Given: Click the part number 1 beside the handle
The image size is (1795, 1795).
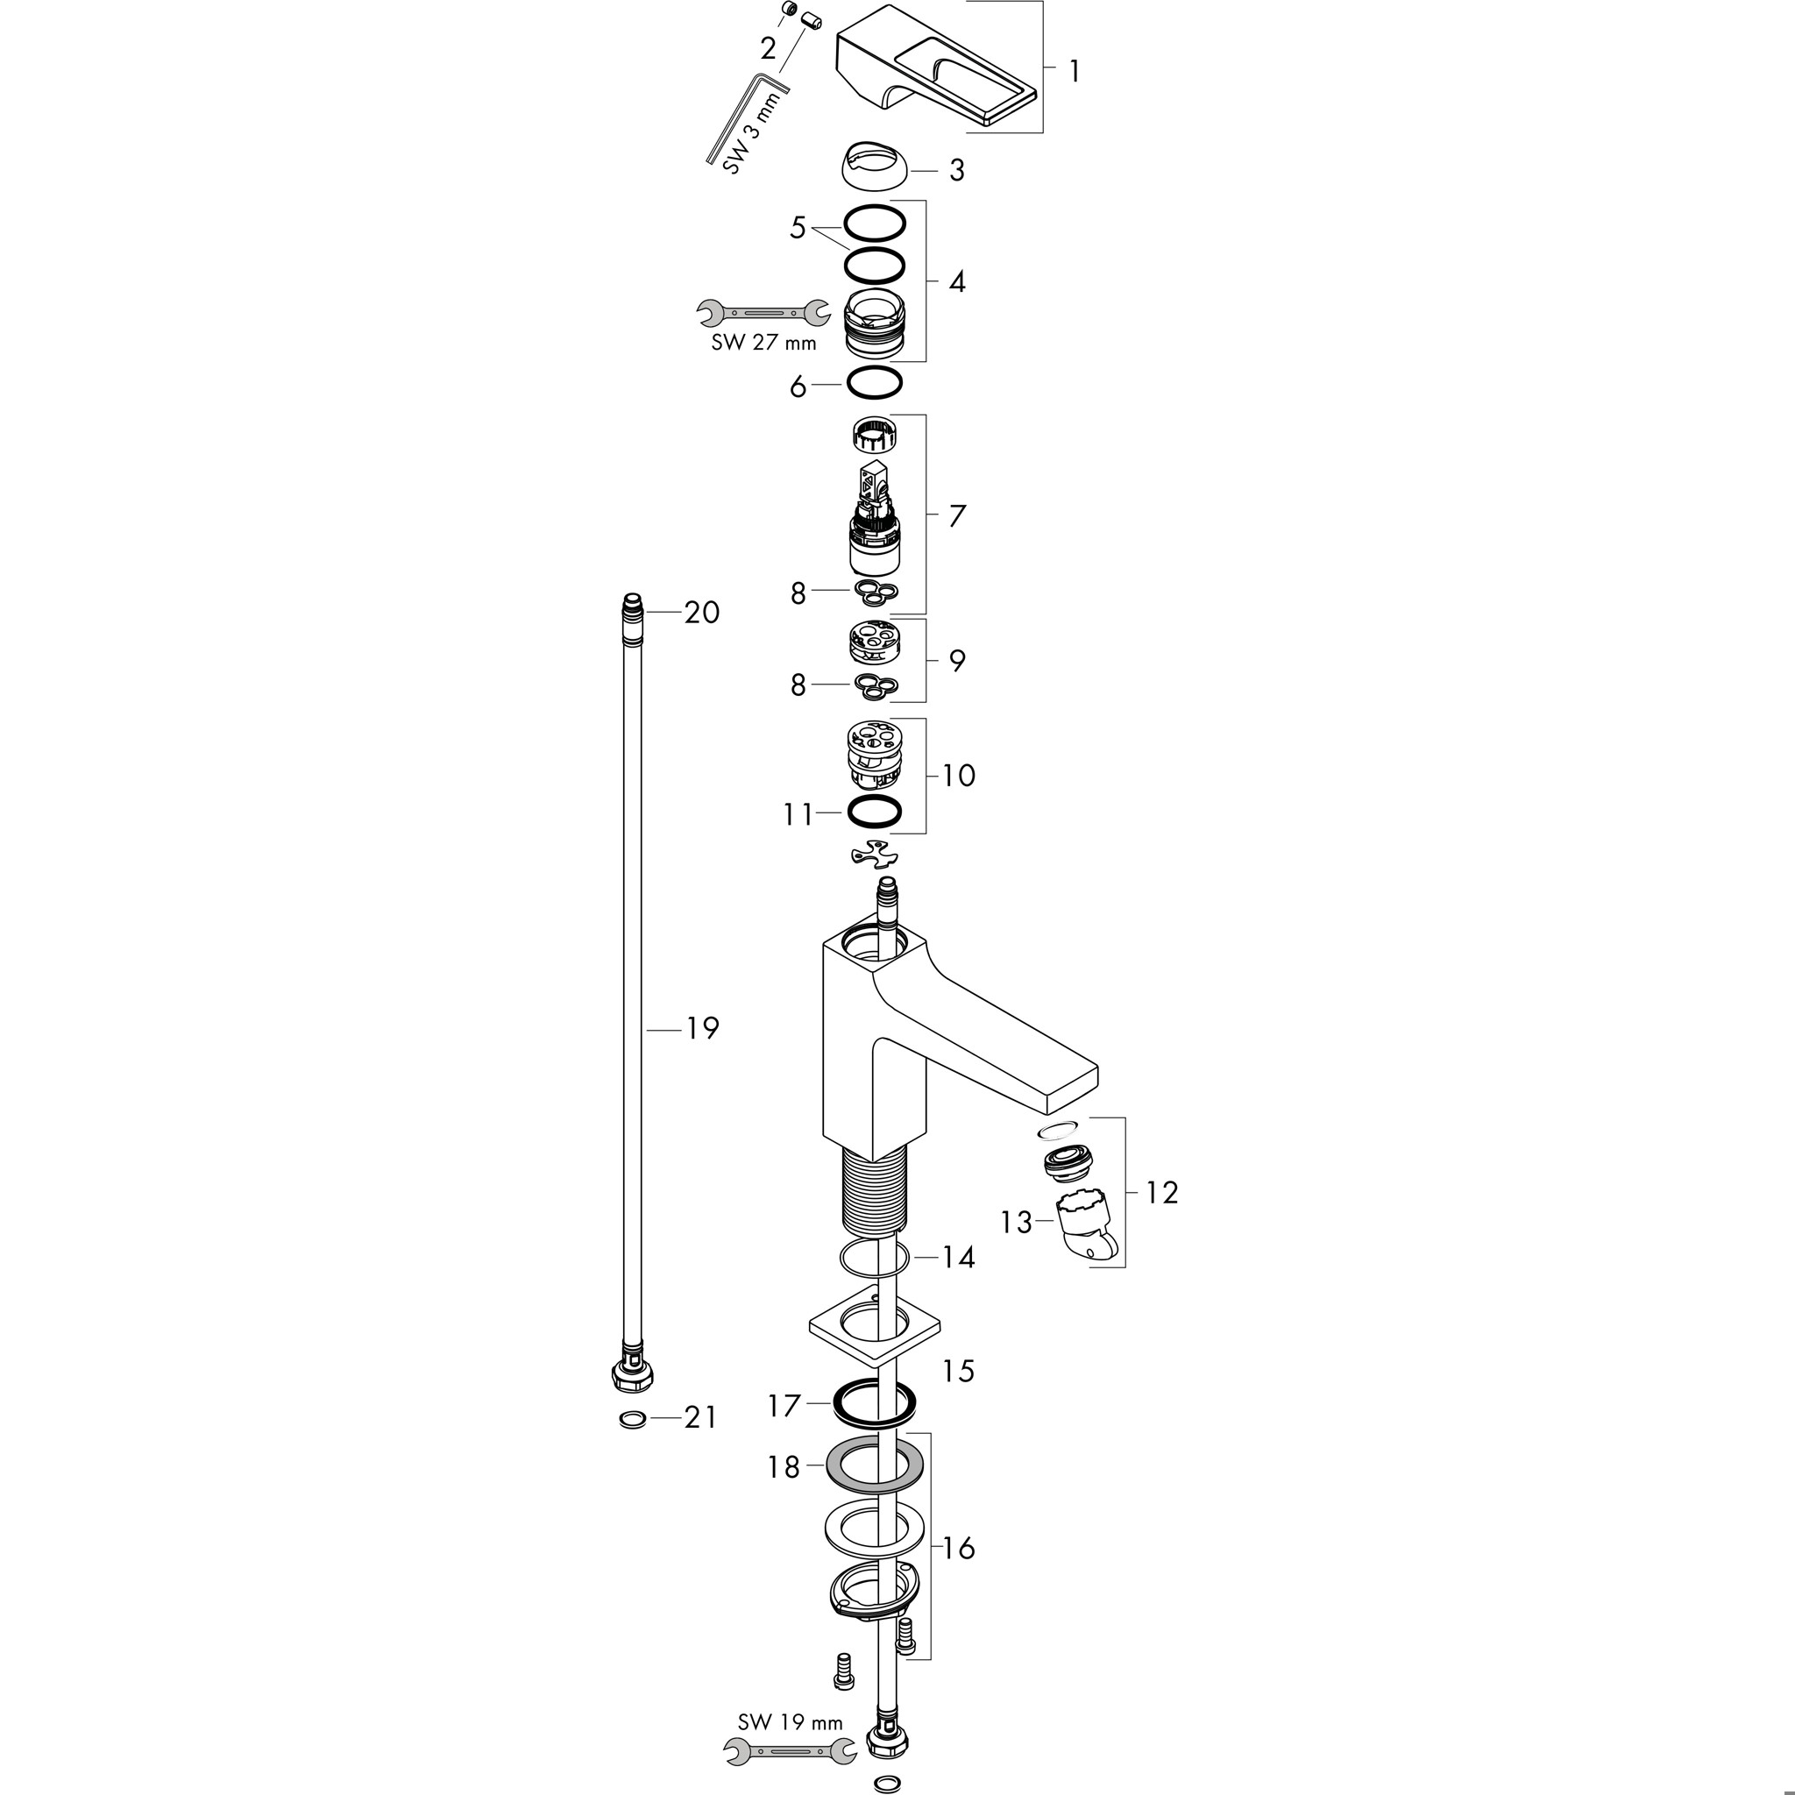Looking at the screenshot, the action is (1075, 72).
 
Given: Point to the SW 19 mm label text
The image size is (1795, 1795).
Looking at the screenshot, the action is (777, 1721).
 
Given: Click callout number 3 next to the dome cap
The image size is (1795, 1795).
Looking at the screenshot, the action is (956, 171).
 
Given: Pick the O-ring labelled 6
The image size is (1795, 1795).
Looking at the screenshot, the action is (874, 383).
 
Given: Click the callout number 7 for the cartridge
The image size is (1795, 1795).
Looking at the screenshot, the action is (957, 515).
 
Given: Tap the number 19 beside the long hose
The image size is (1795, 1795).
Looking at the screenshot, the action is (702, 1028).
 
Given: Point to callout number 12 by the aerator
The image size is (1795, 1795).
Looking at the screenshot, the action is (1161, 1192).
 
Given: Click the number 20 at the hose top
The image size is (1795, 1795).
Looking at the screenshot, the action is (701, 613).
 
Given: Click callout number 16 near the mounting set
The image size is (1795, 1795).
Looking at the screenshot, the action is (958, 1549).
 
